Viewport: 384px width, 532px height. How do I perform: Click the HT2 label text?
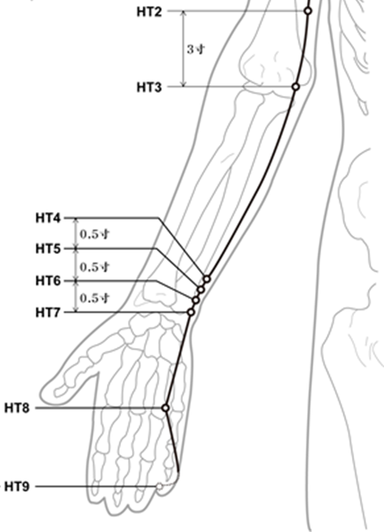click(x=149, y=12)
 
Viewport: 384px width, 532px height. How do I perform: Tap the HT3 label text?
click(x=149, y=88)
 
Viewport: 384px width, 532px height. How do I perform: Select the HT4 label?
click(x=48, y=218)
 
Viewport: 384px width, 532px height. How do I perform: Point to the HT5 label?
click(x=48, y=249)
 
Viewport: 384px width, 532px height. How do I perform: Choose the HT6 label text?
click(x=48, y=281)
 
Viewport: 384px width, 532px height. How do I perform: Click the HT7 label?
click(x=48, y=312)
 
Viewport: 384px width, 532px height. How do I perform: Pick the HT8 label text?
click(x=17, y=408)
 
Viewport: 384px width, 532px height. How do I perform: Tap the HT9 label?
click(x=17, y=487)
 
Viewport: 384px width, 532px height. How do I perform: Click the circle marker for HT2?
click(x=308, y=11)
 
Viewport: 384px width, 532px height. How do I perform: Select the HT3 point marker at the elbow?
click(x=296, y=87)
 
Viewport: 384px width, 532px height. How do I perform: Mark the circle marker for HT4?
click(x=207, y=280)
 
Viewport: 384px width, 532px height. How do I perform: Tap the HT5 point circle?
click(x=201, y=290)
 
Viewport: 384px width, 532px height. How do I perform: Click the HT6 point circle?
click(x=195, y=300)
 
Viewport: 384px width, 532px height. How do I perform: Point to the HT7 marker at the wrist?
click(x=191, y=312)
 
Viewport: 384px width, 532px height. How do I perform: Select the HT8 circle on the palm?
click(x=165, y=408)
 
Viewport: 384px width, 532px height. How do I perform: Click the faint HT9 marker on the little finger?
click(x=160, y=486)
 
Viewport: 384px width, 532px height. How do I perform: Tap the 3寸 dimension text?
click(x=196, y=49)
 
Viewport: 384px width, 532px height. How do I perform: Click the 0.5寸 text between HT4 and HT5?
click(x=95, y=234)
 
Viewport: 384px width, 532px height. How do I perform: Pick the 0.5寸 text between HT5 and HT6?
click(x=95, y=267)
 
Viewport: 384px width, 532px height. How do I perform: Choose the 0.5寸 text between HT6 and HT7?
click(x=95, y=298)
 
